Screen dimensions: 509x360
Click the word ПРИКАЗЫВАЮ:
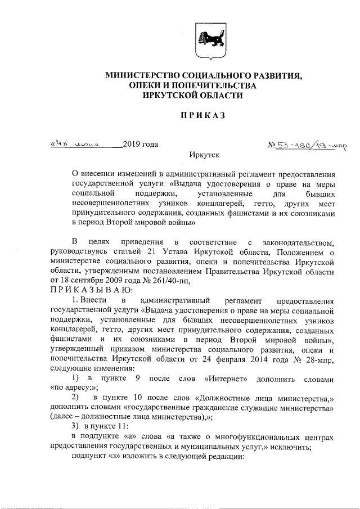pos(91,290)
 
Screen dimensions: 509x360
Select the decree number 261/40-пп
pos(175,280)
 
